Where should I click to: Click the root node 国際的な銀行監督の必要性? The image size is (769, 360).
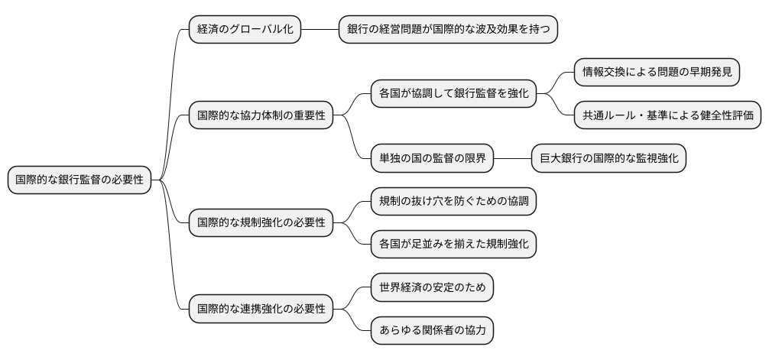pos(79,180)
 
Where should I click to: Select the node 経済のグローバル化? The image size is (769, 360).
pos(245,29)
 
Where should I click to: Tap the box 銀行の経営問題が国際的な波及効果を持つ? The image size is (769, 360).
pos(448,29)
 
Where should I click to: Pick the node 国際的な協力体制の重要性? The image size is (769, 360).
pos(261,116)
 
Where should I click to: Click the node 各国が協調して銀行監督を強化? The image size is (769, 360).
pos(453,94)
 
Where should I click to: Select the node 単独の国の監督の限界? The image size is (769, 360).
pos(431,159)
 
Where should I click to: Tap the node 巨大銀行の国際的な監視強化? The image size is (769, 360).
pos(608,159)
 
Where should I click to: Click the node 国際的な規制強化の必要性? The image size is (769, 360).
pos(261,223)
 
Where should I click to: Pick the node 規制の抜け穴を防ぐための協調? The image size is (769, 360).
pos(453,202)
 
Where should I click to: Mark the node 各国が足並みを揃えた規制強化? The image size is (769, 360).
pos(453,245)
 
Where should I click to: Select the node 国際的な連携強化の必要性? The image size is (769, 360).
pos(261,310)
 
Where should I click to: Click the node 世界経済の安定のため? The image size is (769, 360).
pos(431,288)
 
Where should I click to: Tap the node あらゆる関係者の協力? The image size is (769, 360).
pos(431,331)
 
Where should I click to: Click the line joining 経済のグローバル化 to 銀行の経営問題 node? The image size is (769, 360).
pos(320,29)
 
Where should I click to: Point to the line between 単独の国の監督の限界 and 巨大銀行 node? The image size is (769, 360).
pos(512,159)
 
